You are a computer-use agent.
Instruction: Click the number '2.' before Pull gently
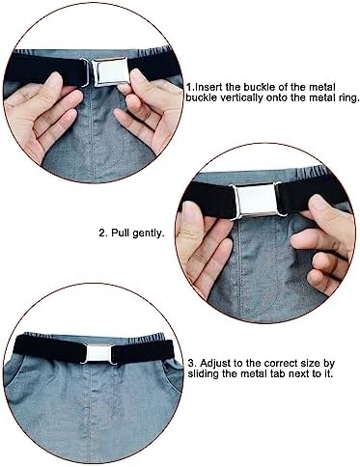[101, 233]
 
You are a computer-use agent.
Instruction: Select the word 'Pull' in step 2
[122, 233]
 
